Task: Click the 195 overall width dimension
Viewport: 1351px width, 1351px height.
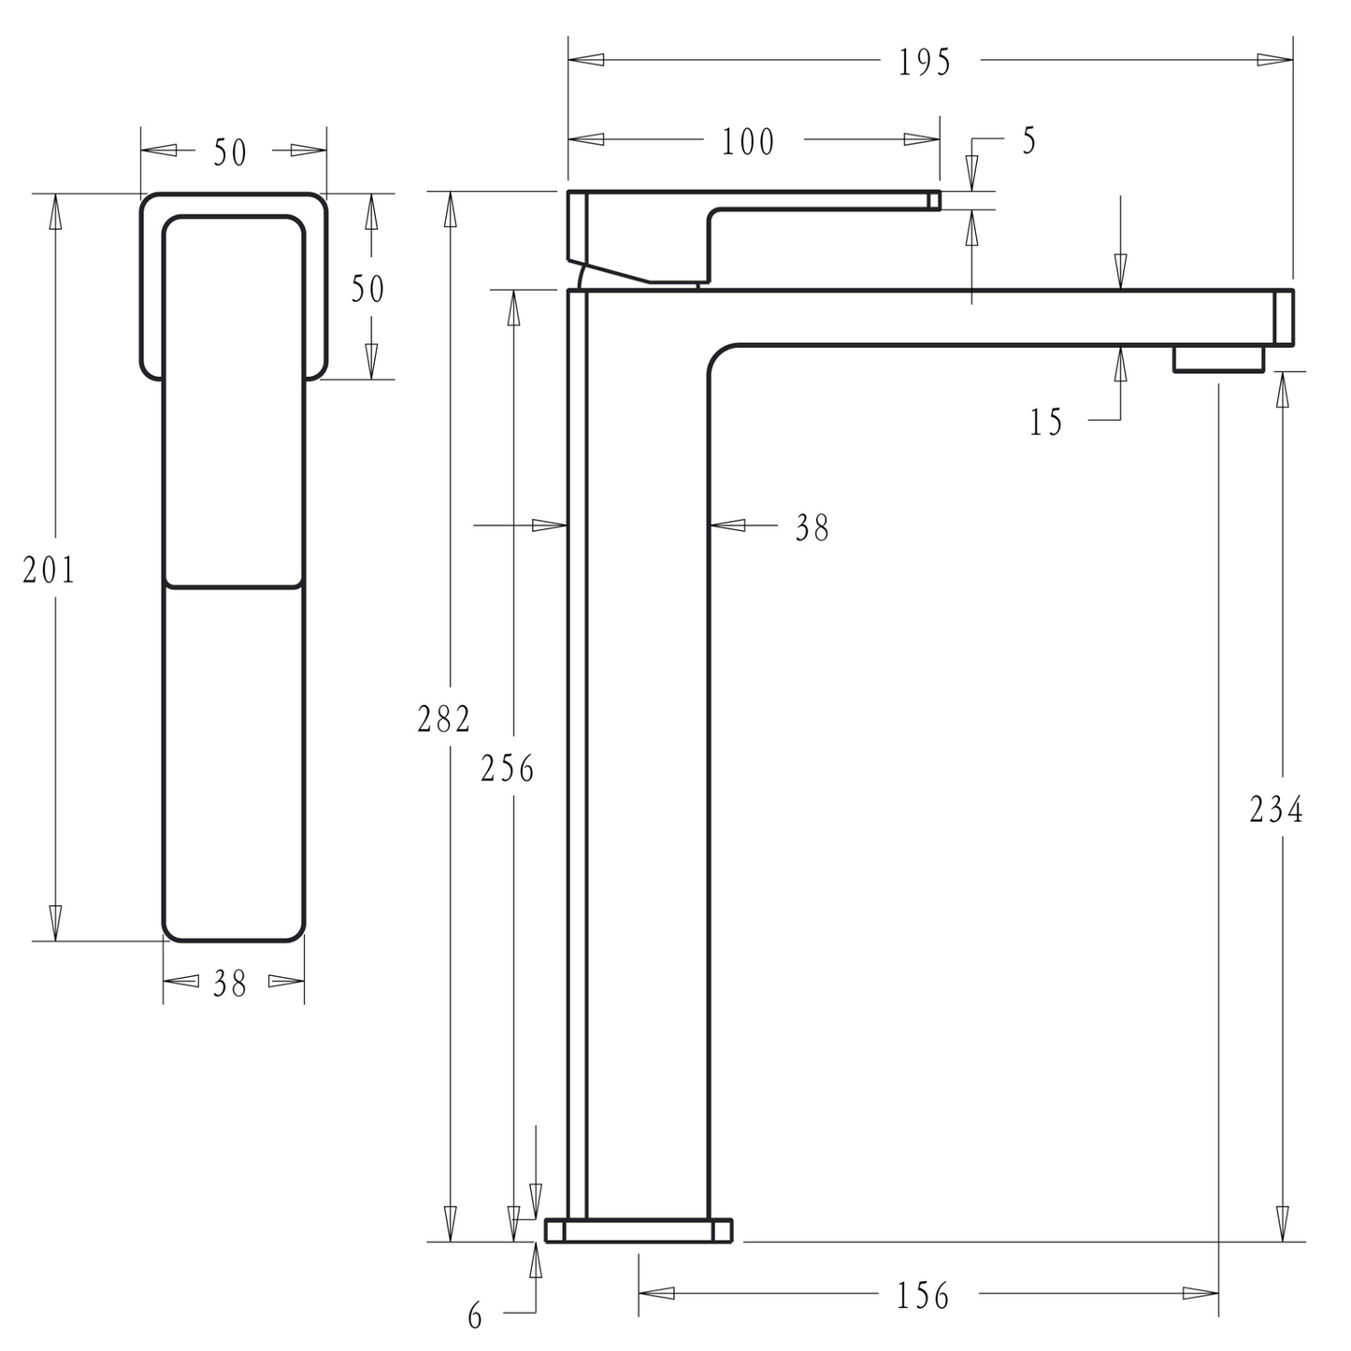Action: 924,63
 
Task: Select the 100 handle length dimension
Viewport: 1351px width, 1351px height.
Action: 748,142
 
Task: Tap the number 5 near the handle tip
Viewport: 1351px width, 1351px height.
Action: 1028,141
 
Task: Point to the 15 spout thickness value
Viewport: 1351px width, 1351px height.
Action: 1046,423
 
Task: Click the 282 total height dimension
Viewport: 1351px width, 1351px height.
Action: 444,719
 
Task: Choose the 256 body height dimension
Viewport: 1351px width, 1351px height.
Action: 508,769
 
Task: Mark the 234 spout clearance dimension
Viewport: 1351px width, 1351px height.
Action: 1275,810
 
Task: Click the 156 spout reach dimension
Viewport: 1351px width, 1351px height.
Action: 923,1296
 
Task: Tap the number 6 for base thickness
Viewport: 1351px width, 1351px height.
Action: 475,1317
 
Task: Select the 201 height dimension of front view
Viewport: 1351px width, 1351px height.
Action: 49,569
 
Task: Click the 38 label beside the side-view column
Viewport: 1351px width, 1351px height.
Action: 812,528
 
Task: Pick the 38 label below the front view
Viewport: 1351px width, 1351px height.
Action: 230,984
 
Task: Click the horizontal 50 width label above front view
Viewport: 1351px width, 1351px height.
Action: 230,153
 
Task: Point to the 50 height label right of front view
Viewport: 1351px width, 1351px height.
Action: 367,290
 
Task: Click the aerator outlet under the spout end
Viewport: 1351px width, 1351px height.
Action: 1218,359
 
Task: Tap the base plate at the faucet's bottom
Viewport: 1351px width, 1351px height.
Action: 638,1230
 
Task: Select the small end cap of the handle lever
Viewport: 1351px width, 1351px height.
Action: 934,200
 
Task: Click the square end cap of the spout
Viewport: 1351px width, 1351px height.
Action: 1284,318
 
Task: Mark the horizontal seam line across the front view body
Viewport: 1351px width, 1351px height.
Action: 234,587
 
